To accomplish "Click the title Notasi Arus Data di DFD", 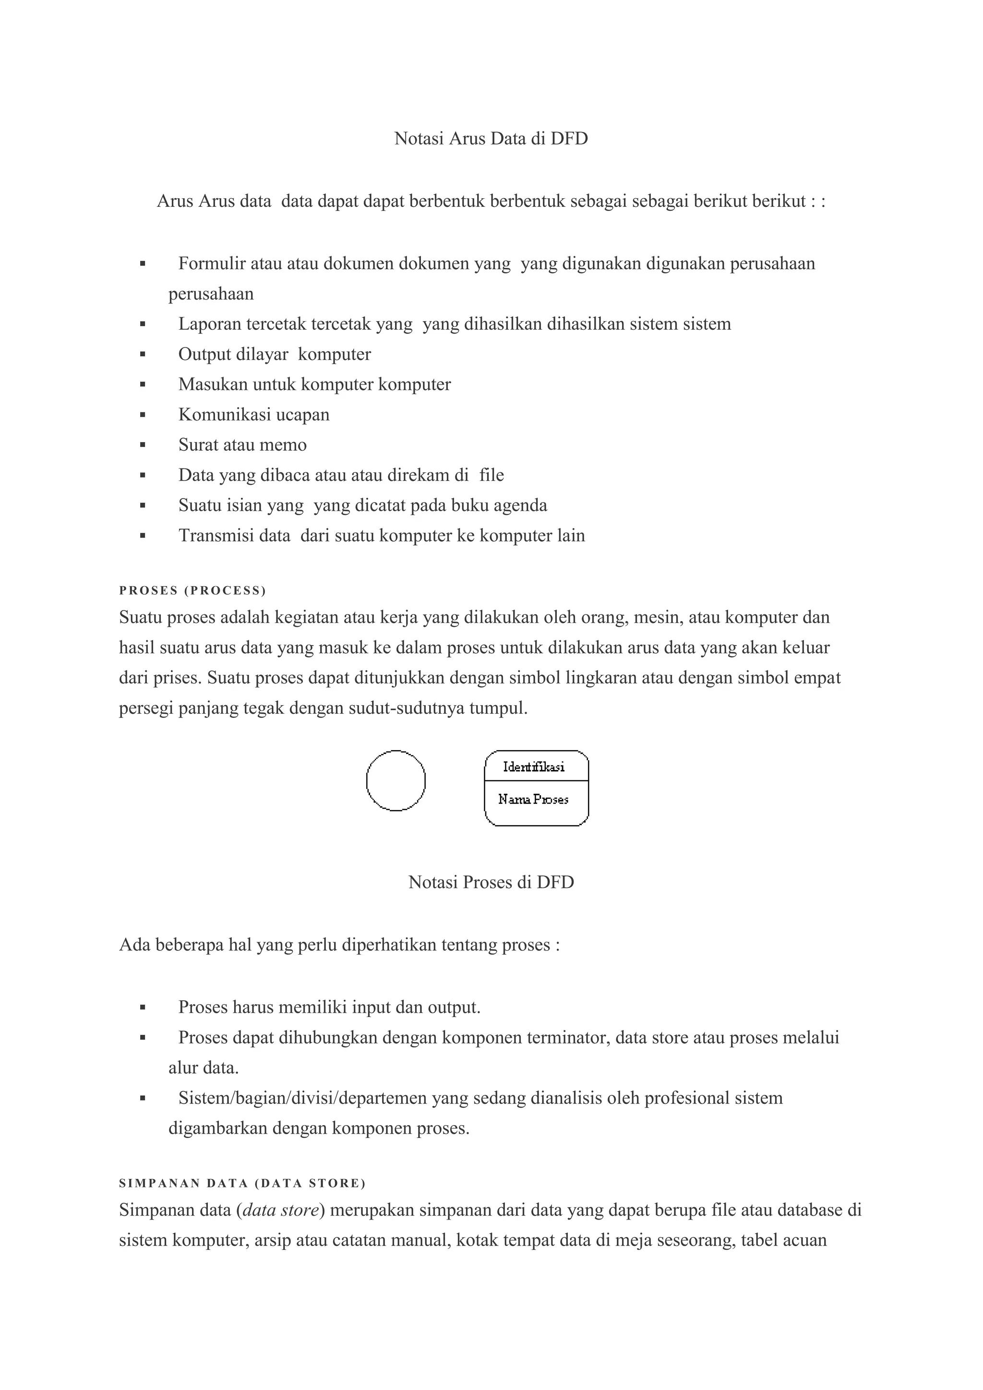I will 491,139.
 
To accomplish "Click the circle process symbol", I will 396,780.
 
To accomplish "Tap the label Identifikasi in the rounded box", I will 533,767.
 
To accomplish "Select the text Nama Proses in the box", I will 533,799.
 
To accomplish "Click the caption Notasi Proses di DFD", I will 491,882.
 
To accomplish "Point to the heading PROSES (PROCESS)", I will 192,590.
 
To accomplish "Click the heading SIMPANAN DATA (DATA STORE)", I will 242,1183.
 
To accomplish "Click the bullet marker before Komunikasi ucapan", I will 143,415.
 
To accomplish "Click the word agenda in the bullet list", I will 520,505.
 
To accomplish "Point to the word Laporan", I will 210,324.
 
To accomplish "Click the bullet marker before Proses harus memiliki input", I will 143,1007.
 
